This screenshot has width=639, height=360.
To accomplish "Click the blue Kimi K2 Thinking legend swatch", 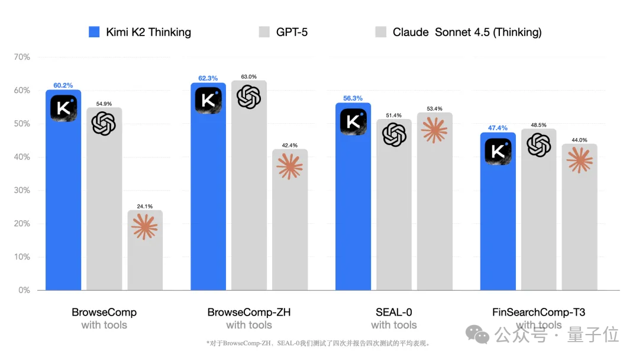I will tap(94, 32).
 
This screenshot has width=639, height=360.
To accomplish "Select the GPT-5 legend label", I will tap(292, 32).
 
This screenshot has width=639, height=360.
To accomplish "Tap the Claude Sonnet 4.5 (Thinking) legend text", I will tap(467, 32).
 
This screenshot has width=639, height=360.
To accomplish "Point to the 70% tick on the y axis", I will tap(22, 57).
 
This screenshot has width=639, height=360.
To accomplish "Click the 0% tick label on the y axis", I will tap(24, 290).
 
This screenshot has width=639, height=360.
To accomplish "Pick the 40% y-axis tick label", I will tap(22, 157).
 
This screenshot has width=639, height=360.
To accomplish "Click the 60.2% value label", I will tap(63, 85).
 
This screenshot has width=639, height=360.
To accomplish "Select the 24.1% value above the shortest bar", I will tap(145, 206).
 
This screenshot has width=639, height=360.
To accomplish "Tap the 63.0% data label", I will tap(248, 76).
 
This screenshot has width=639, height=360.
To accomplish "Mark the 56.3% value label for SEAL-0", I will tap(353, 98).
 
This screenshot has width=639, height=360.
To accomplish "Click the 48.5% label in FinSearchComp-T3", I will tap(538, 125).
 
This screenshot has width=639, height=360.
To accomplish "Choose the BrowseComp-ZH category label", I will tap(249, 312).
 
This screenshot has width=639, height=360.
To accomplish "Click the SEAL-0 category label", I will tap(394, 312).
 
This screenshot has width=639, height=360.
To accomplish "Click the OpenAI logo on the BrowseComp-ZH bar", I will tap(248, 97).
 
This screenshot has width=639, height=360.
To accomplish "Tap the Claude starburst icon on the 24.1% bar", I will tap(145, 227).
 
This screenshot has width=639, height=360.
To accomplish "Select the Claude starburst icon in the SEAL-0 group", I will tap(434, 130).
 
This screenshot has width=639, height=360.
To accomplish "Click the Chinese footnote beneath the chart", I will tap(318, 343).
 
